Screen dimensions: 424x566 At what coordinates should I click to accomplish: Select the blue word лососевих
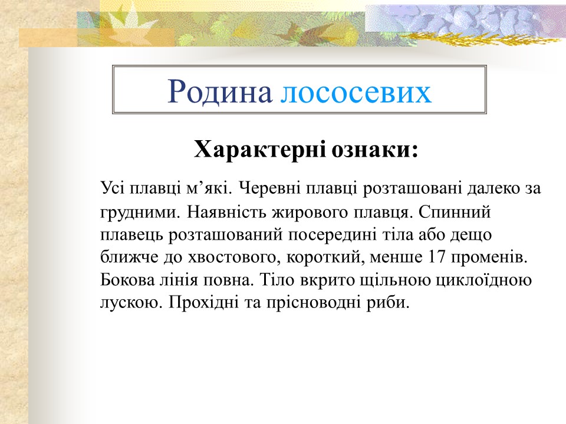click(356, 92)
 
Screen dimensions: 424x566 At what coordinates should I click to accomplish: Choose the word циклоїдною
click(486, 280)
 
